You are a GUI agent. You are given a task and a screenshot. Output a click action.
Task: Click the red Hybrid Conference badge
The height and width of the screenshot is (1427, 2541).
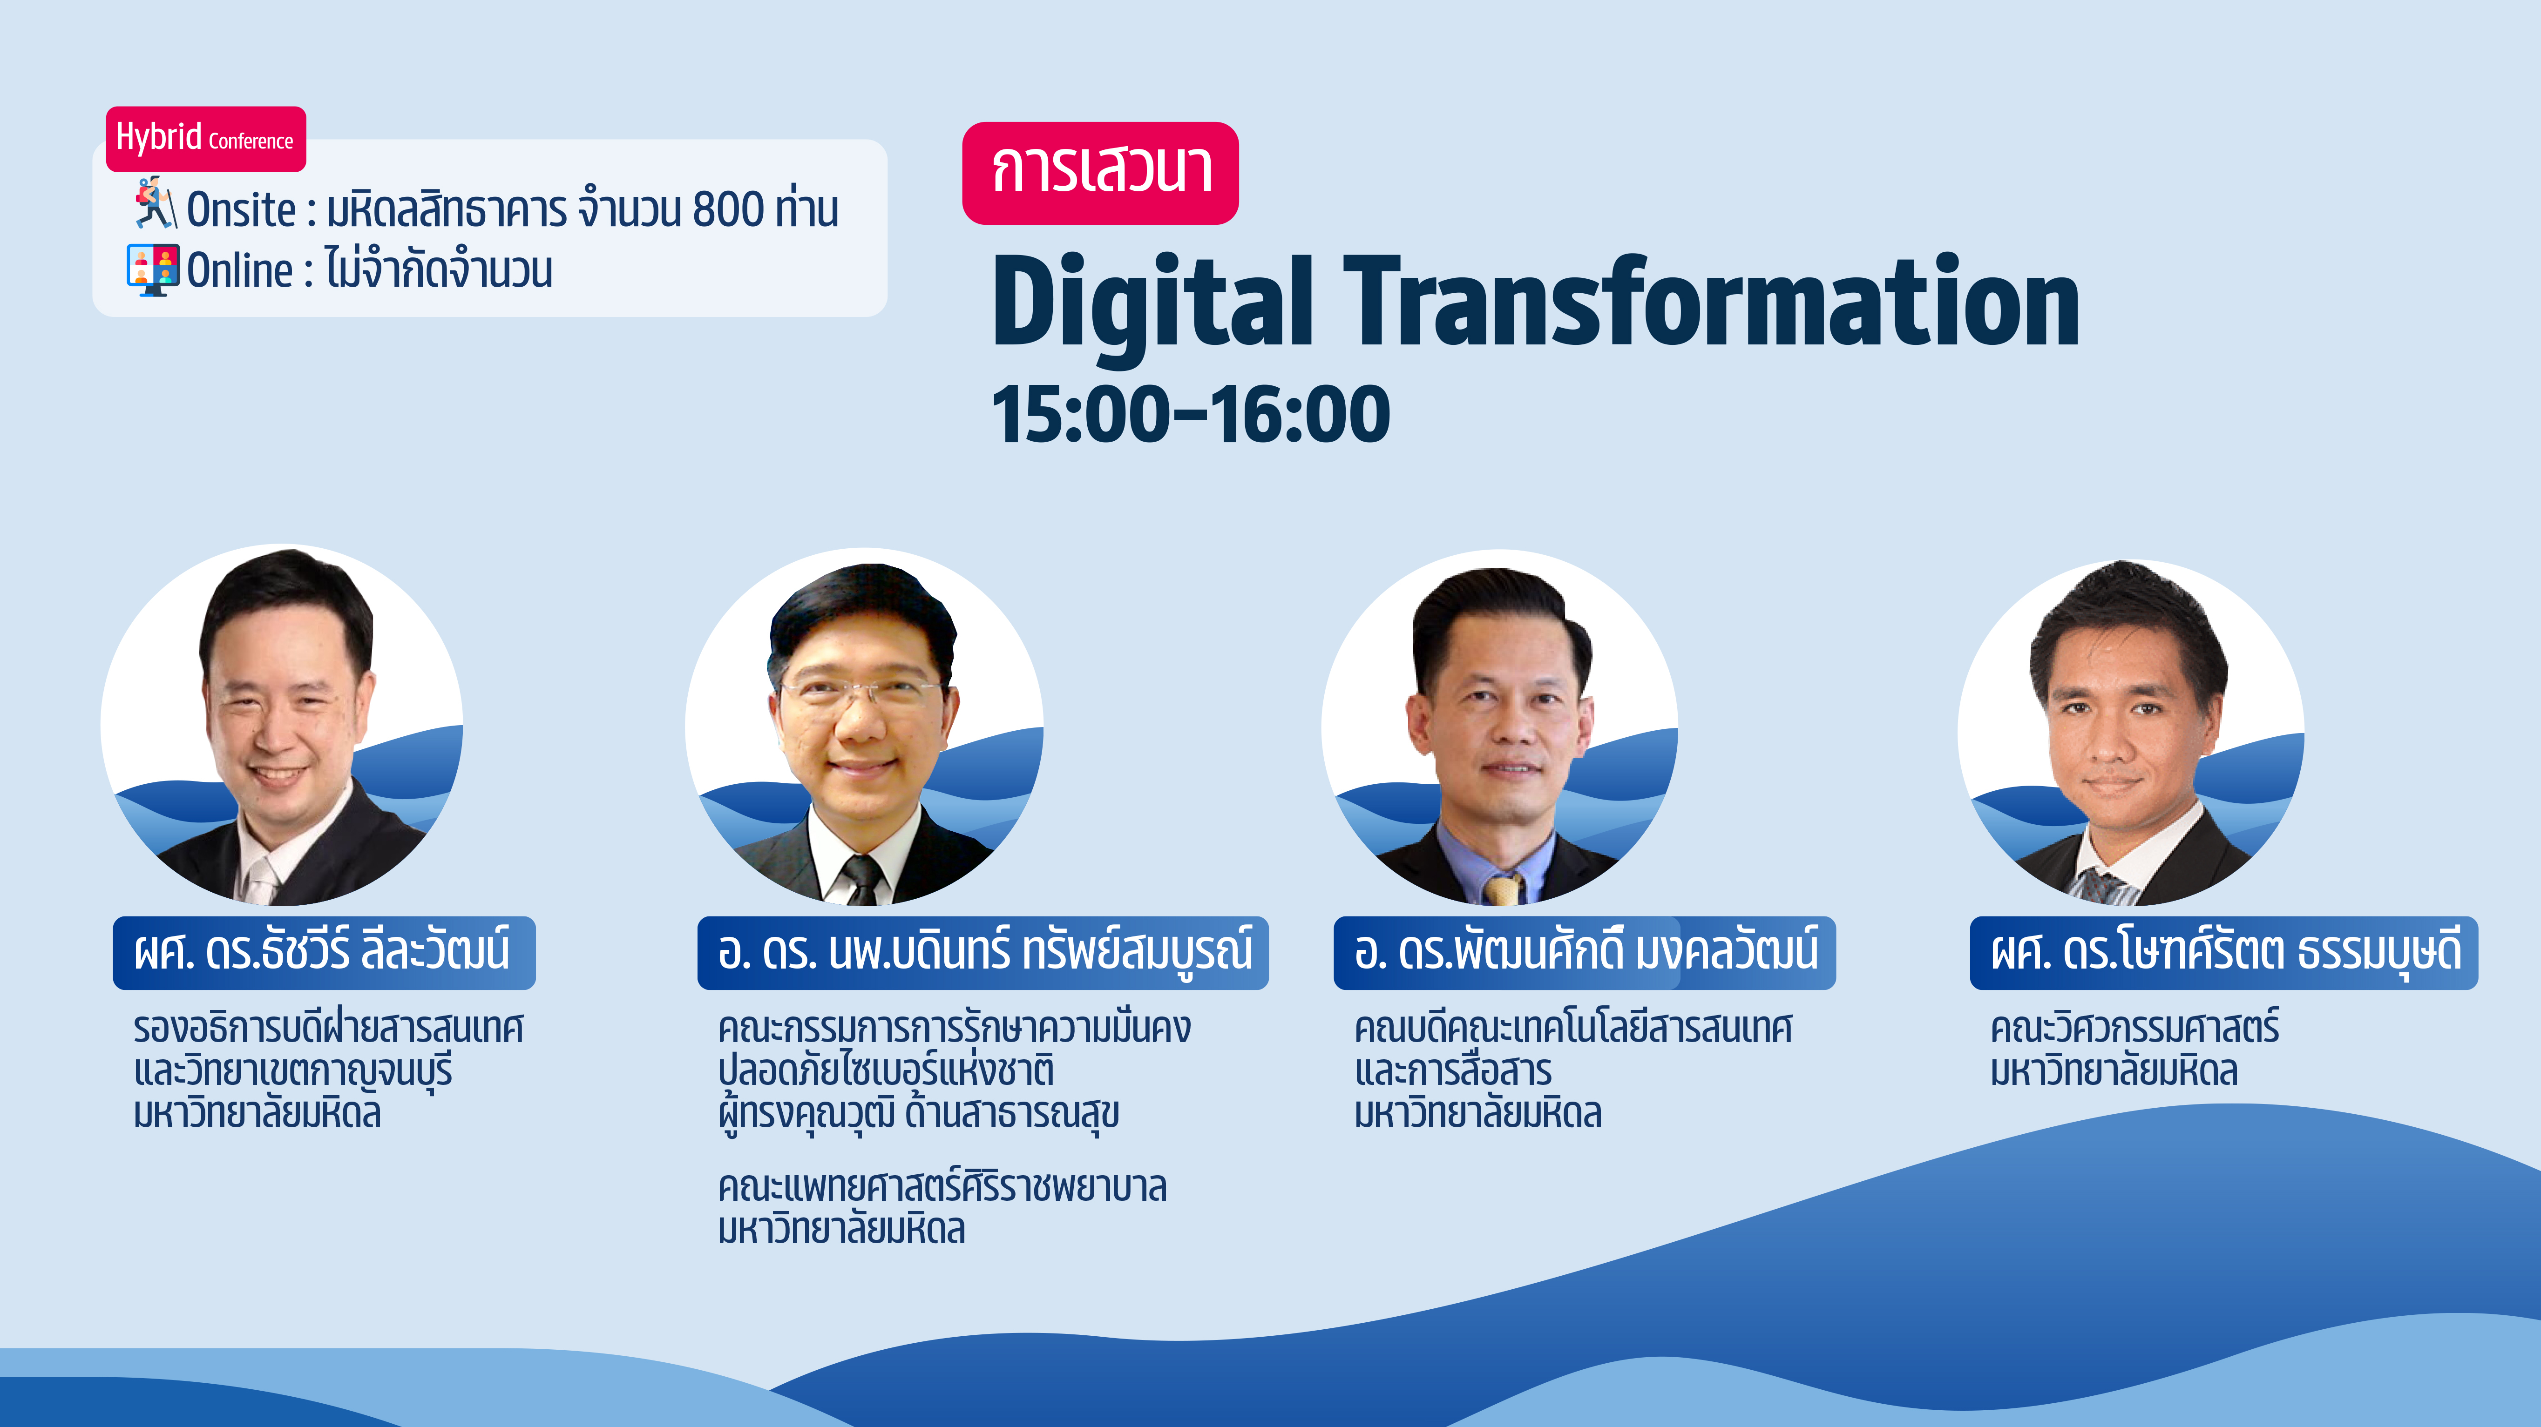click(206, 139)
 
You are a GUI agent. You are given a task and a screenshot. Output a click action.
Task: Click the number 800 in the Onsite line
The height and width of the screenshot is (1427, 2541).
click(728, 209)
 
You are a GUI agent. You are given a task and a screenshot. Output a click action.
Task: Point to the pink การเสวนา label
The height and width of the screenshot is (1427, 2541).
click(1100, 173)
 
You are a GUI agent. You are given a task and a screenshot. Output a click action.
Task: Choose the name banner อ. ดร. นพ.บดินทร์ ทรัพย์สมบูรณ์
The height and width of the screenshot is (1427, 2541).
click(983, 953)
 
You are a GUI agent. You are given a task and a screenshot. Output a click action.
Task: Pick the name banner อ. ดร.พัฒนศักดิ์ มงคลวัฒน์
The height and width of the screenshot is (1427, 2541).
click(1584, 953)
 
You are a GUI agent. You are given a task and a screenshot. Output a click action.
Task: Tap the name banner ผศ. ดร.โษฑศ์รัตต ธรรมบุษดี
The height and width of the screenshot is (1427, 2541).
click(2223, 953)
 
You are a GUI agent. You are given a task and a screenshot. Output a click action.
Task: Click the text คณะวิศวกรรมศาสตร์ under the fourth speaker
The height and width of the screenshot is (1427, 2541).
click(2134, 1028)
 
